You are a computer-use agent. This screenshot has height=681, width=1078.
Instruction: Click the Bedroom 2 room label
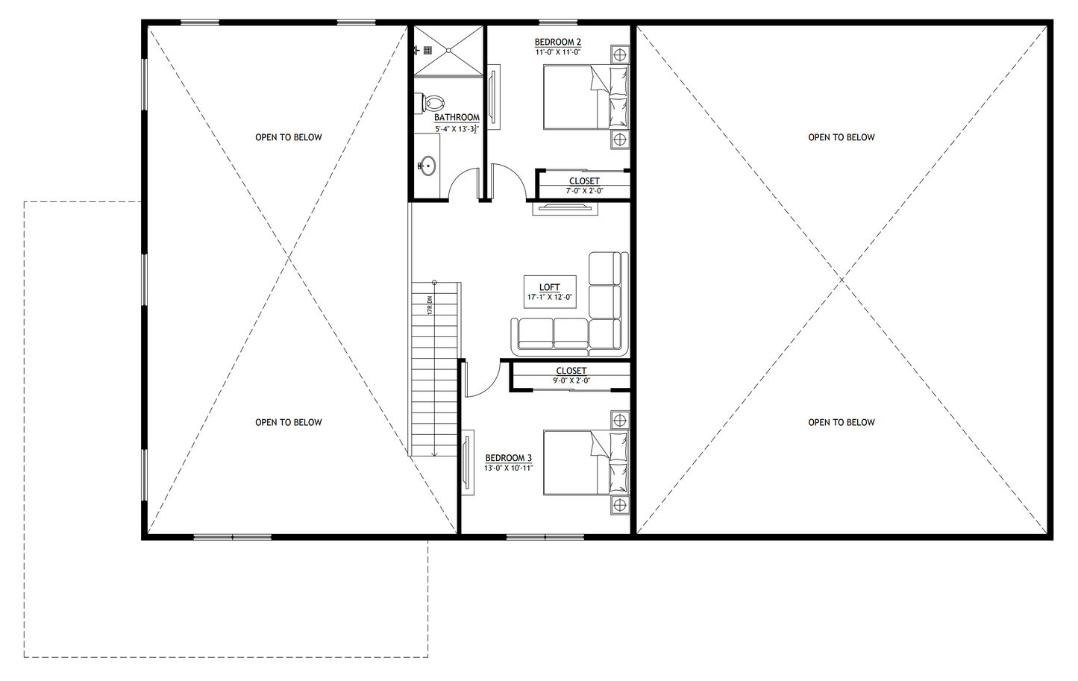coord(557,42)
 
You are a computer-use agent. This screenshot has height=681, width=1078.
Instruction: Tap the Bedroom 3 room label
coord(508,458)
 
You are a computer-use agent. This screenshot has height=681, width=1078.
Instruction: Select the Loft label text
coord(550,287)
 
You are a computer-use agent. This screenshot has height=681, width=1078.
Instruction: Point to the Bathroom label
coord(457,118)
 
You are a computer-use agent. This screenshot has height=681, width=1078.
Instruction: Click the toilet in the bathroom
coord(432,101)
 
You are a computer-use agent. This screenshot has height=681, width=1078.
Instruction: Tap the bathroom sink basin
coord(427,166)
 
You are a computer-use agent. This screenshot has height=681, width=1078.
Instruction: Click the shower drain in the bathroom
coord(448,51)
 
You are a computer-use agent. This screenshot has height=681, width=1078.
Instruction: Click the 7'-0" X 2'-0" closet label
coord(584,191)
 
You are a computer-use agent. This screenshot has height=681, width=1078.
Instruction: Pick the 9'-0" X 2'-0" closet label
coord(571,380)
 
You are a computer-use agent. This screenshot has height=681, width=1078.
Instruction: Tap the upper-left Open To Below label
coord(289,137)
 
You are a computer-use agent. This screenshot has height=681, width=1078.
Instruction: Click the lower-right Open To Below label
coord(842,422)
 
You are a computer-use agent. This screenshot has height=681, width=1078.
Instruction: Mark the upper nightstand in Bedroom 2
coord(619,55)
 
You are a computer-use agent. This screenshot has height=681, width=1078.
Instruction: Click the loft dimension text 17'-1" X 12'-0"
coord(550,297)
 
